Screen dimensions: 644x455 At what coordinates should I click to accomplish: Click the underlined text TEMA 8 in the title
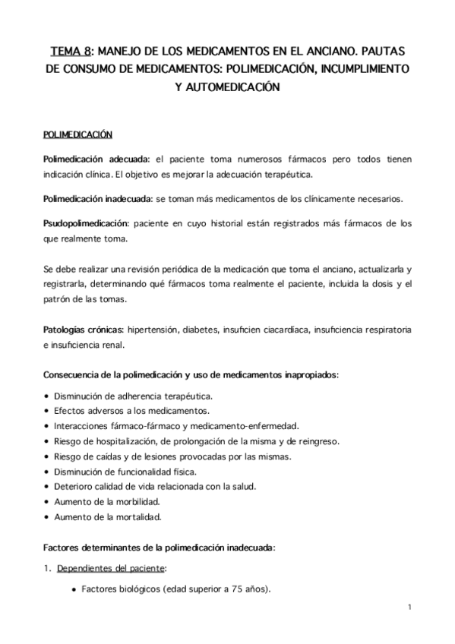pyautogui.click(x=71, y=51)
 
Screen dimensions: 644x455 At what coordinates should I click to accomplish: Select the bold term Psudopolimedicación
pyautogui.click(x=86, y=224)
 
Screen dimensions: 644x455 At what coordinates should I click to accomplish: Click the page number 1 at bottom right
pyautogui.click(x=409, y=608)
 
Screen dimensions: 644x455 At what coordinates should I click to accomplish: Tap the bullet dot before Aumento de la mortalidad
pyautogui.click(x=48, y=516)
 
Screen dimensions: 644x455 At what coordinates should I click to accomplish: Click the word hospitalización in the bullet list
pyautogui.click(x=122, y=440)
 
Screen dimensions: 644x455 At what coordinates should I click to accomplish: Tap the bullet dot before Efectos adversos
pyautogui.click(x=48, y=411)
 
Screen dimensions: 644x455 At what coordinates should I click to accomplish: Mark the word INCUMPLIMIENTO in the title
pyautogui.click(x=352, y=69)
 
